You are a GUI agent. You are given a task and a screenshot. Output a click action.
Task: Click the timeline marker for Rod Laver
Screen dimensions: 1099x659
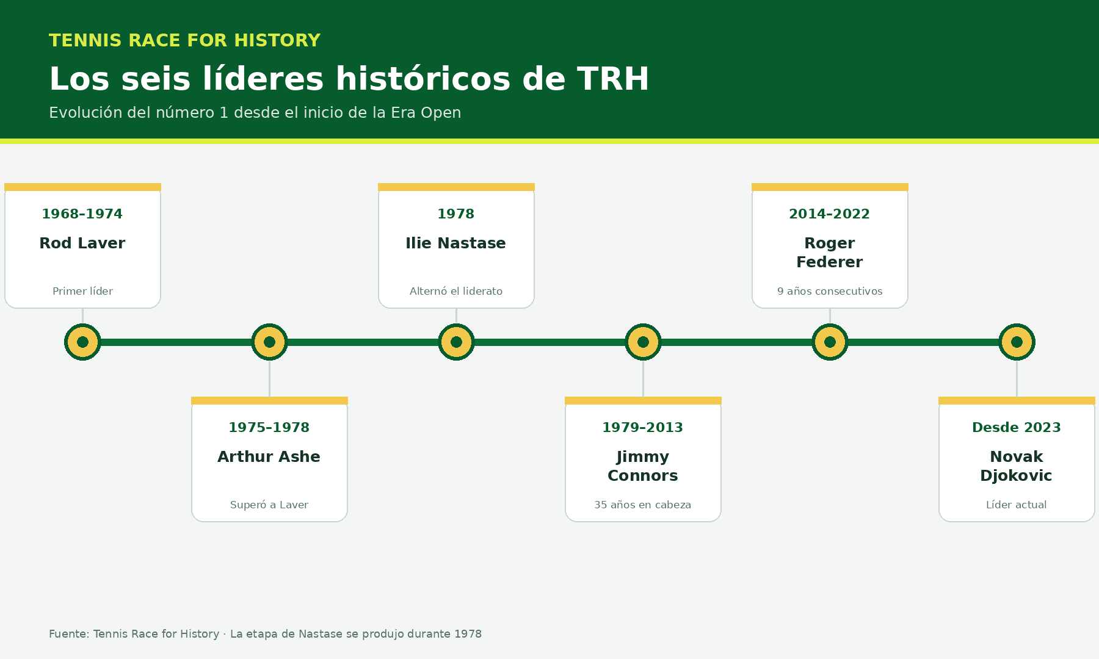[x=82, y=342]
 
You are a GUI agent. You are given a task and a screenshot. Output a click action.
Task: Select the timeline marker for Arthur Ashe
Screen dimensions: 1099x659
[x=269, y=342]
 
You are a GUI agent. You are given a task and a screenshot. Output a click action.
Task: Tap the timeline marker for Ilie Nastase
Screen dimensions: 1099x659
[x=456, y=342]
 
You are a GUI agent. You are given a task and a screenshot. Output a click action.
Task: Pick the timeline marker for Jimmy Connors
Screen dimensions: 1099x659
[x=643, y=342]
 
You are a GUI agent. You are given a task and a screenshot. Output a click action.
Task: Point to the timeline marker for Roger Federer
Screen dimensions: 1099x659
[x=830, y=342]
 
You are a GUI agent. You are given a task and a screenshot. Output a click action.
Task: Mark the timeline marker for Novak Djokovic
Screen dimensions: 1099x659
[x=1017, y=342]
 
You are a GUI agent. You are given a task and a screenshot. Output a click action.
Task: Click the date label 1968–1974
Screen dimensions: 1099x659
[x=82, y=214]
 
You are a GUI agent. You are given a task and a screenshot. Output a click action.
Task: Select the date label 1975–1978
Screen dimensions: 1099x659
[x=269, y=427]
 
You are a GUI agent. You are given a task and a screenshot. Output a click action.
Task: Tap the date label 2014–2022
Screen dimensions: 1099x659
[x=830, y=214]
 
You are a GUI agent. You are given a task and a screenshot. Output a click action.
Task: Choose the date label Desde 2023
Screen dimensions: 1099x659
[x=1017, y=427]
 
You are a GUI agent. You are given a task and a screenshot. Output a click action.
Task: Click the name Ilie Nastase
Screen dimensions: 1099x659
[x=456, y=243]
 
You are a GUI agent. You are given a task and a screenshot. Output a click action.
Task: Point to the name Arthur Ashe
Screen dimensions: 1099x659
[x=269, y=456]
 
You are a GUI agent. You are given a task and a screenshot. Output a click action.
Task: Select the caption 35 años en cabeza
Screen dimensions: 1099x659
[x=643, y=505]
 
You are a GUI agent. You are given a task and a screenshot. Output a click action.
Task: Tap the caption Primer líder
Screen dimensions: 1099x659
[x=82, y=291]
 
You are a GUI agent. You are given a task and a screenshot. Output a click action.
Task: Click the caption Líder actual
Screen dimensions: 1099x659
[x=1017, y=505]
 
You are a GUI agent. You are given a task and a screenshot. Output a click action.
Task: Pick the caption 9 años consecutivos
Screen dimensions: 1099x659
[x=830, y=291]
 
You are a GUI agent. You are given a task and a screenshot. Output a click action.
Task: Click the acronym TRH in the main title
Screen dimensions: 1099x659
[x=613, y=79]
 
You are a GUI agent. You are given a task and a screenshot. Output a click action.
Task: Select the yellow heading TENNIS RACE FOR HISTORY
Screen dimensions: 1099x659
[x=184, y=40]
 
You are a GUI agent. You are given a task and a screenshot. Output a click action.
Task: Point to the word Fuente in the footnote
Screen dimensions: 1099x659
[x=68, y=634]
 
